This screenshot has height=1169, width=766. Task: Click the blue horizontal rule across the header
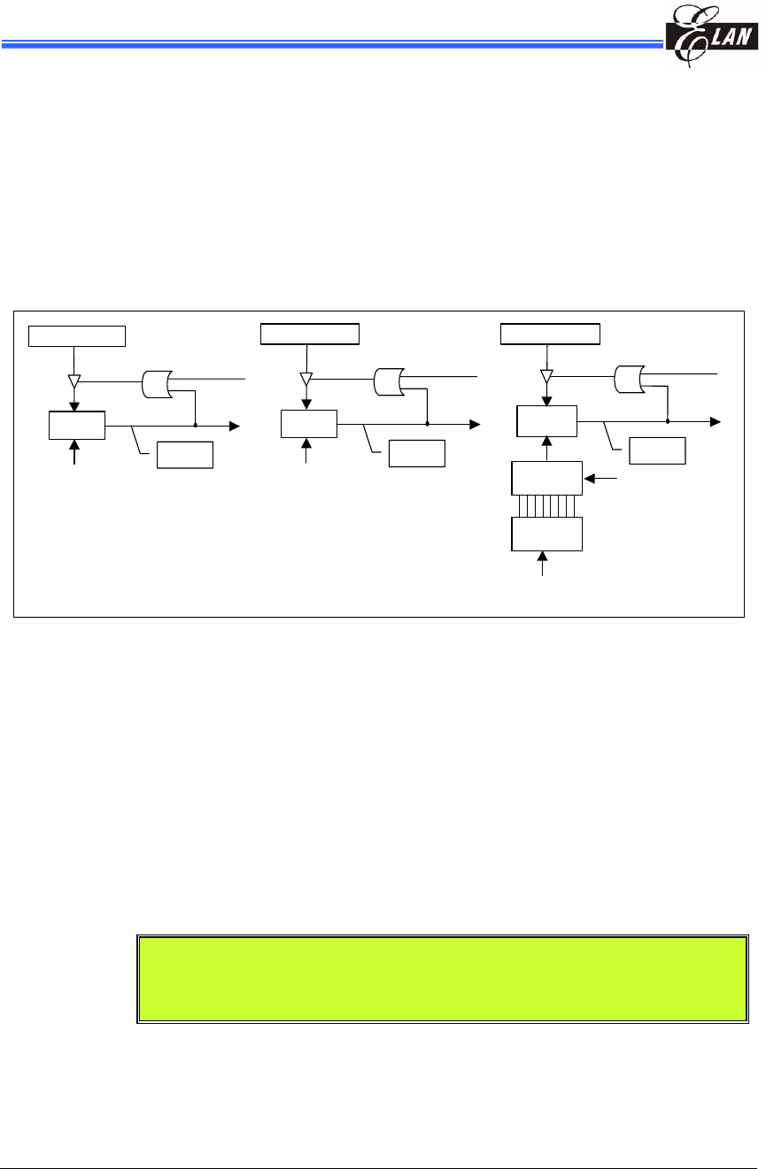pos(328,42)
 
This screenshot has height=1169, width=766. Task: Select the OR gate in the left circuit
pos(156,383)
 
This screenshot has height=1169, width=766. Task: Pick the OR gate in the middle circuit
pos(388,382)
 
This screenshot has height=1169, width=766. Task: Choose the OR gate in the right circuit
pos(629,378)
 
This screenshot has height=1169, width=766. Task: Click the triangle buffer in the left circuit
pos(74,382)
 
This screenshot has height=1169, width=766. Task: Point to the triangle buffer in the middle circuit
pos(306,379)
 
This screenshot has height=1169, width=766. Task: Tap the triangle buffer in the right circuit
pos(547,375)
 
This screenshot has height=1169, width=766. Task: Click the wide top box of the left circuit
pos(78,335)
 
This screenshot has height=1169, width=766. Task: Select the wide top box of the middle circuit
pos(310,334)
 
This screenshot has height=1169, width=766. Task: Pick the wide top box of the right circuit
pos(550,334)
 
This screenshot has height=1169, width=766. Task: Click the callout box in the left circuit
pos(184,454)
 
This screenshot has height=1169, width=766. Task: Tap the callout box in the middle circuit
pos(416,453)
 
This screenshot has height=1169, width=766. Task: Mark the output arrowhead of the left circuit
pos(235,426)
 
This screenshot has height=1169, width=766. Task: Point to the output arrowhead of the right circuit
pos(716,423)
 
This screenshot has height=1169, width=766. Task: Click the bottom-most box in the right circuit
pos(547,534)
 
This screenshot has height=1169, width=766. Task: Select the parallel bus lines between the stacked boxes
pos(547,506)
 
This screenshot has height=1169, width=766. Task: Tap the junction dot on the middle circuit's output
pos(427,424)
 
